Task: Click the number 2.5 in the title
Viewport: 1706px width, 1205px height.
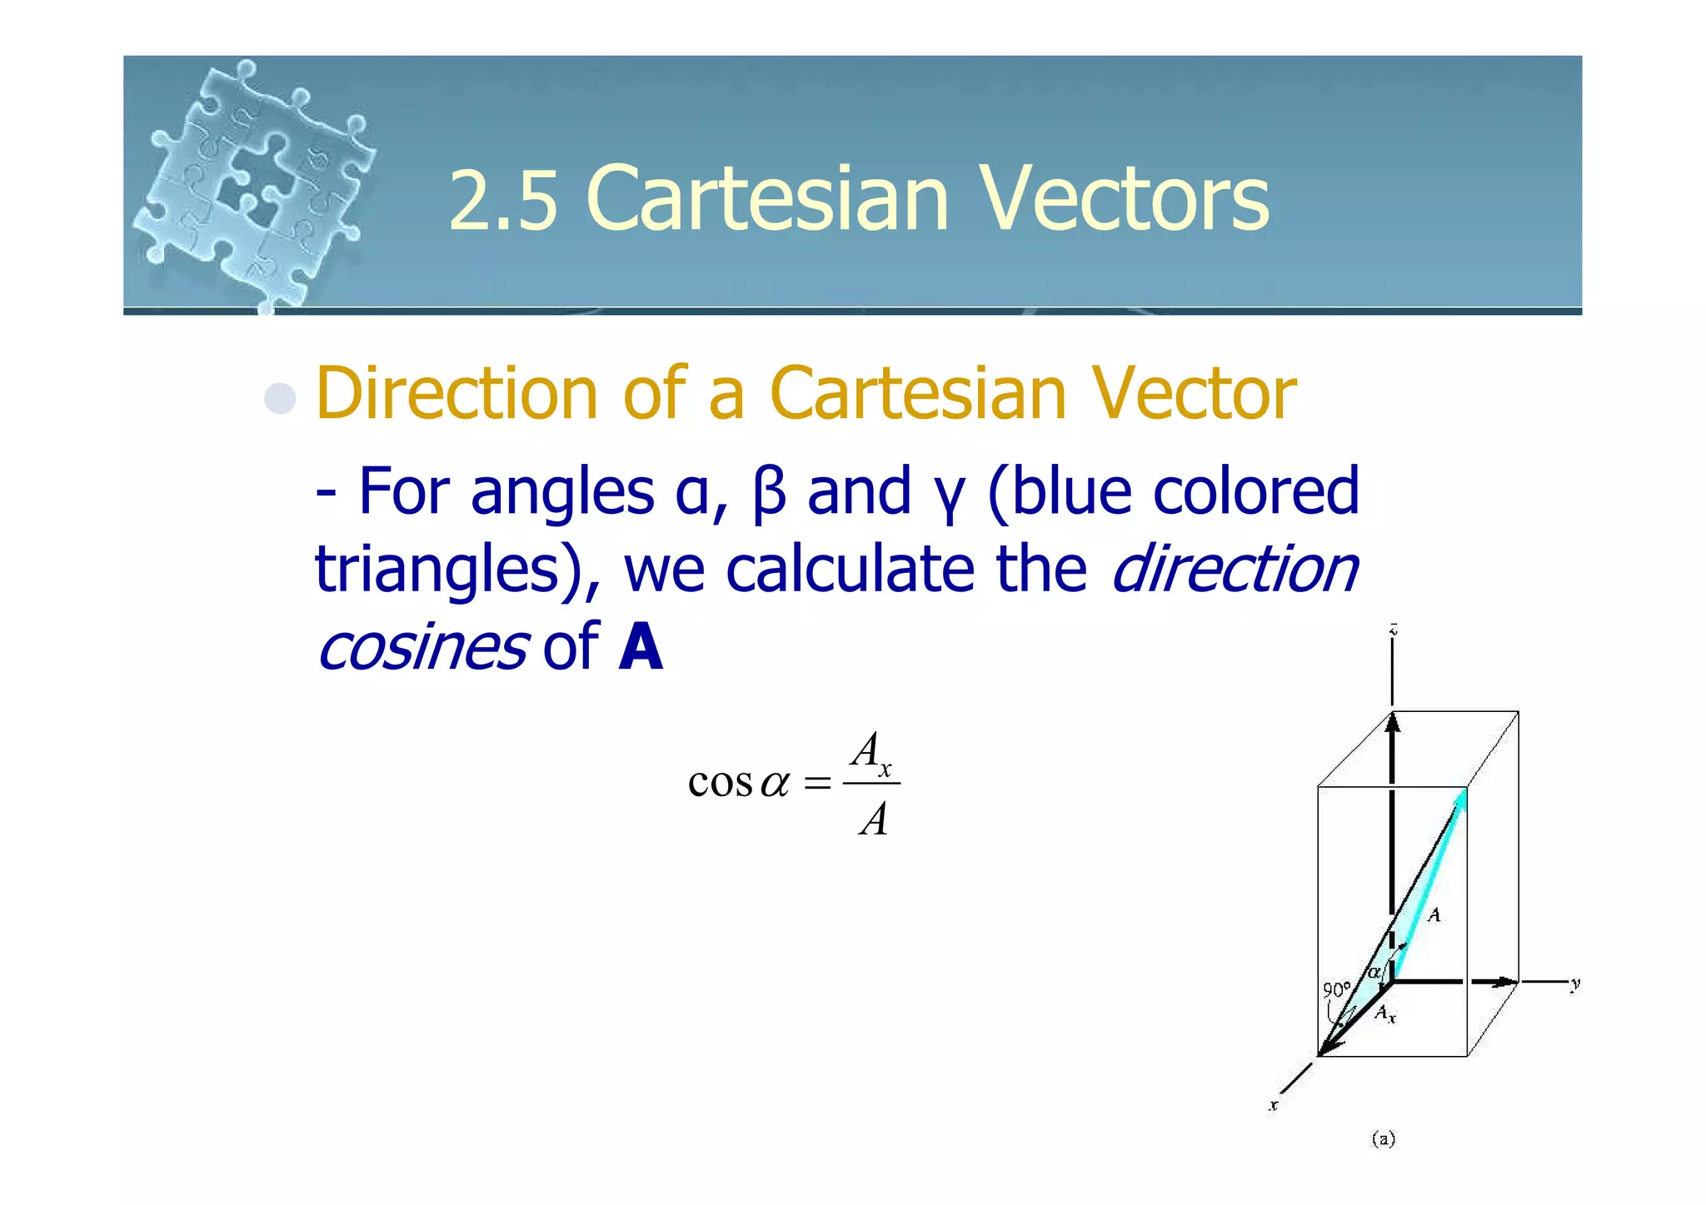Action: coord(502,200)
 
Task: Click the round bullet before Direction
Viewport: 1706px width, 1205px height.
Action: coord(280,398)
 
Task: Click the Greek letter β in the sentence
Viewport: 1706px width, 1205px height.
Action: coord(768,492)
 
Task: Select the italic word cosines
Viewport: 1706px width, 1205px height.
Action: coord(422,647)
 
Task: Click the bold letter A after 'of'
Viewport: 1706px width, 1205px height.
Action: coord(641,647)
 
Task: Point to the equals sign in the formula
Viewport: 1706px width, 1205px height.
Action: coord(817,784)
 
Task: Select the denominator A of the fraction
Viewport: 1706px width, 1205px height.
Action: coord(873,819)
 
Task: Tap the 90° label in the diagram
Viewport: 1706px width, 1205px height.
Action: coord(1336,990)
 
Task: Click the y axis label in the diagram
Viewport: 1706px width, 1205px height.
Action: coord(1575,984)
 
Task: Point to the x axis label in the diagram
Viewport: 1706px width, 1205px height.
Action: coord(1273,1106)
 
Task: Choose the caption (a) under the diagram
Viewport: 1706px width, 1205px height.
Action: coord(1383,1138)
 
